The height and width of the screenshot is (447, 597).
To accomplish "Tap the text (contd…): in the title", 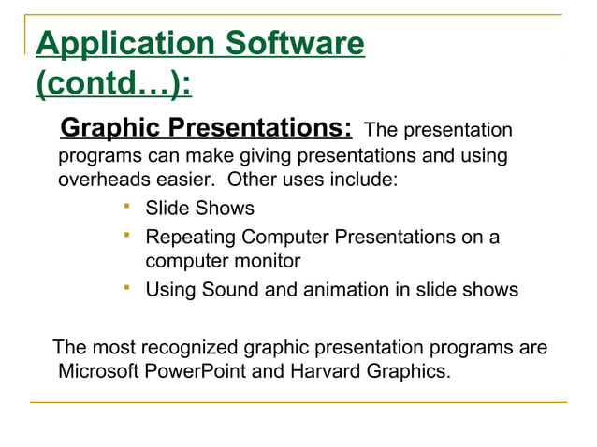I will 113,85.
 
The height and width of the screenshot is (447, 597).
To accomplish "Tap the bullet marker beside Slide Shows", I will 126,206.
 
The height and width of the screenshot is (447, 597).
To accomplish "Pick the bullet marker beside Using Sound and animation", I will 126,287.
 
